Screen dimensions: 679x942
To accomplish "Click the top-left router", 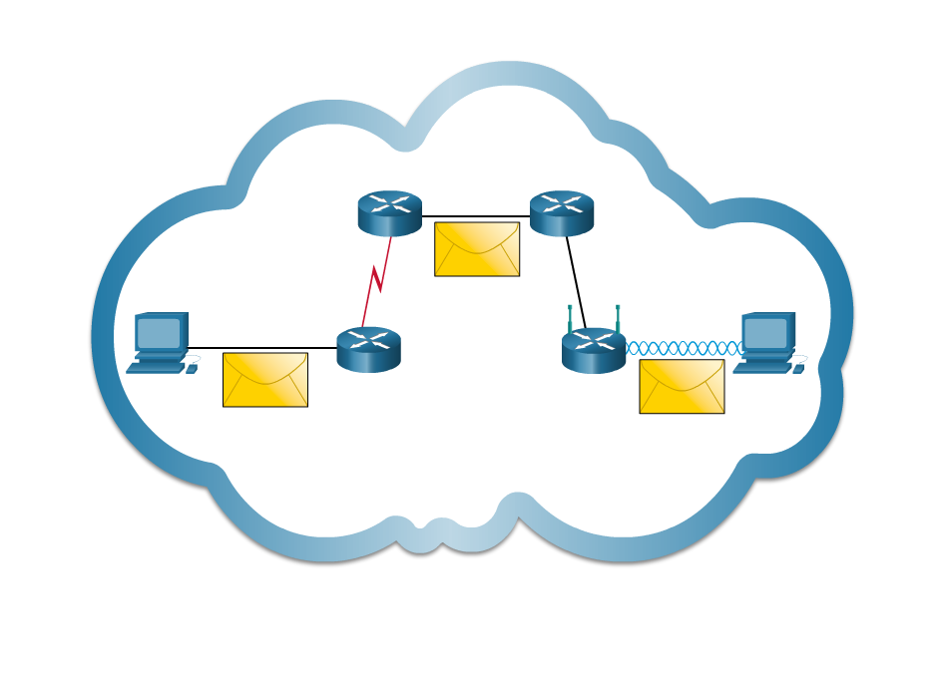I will click(x=389, y=212).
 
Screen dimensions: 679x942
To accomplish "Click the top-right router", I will click(x=561, y=212).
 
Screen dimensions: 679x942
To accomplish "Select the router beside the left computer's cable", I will click(x=368, y=350).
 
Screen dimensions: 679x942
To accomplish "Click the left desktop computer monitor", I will click(x=160, y=332).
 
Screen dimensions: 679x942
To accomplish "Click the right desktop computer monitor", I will click(x=766, y=332).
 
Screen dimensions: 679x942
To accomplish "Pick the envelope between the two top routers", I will click(x=477, y=249).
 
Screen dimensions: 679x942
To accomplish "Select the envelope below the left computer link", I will click(x=265, y=380).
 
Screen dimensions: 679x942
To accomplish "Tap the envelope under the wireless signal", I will click(x=682, y=387).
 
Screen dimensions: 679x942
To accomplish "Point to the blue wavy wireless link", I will click(x=683, y=348).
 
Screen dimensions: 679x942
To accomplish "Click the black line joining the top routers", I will click(x=476, y=215).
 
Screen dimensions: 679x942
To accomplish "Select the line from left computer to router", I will click(x=262, y=348).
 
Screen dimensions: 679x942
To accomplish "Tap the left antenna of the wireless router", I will click(x=570, y=318).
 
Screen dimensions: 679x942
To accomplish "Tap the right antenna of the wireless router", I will click(x=618, y=318).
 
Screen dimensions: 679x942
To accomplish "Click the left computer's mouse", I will click(x=192, y=369).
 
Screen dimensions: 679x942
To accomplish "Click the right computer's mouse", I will click(x=798, y=369).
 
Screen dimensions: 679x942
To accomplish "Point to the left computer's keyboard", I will click(x=155, y=369).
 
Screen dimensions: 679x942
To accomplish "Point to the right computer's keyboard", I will click(x=761, y=369).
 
